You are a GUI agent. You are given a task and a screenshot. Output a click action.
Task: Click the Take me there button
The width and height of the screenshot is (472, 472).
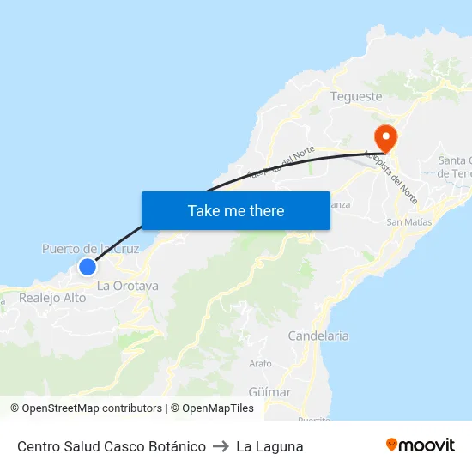[236, 210]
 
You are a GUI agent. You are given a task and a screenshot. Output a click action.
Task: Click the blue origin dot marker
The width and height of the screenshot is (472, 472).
[87, 267]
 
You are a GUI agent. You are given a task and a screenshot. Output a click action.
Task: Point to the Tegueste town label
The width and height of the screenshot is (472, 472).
[356, 96]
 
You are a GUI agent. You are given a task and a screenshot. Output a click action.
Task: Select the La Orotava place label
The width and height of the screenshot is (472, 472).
[127, 286]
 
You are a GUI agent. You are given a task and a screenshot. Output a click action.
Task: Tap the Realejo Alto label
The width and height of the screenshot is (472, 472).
[52, 298]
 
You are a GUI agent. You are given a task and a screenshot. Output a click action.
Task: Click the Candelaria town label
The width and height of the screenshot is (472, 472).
[318, 336]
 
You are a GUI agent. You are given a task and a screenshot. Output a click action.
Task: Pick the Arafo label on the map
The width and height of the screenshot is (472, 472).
[260, 364]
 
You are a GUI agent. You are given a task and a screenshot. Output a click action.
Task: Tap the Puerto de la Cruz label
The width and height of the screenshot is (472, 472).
[90, 249]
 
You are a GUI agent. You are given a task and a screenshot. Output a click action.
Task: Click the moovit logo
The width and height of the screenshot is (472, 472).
[421, 445]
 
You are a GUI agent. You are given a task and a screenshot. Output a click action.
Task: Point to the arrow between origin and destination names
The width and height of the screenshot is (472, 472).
[221, 446]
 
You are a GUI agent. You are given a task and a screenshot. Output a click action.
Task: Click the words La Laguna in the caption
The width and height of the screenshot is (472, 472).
[269, 446]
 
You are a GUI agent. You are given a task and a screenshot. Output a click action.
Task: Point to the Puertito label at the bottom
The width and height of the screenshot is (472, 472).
[313, 419]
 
